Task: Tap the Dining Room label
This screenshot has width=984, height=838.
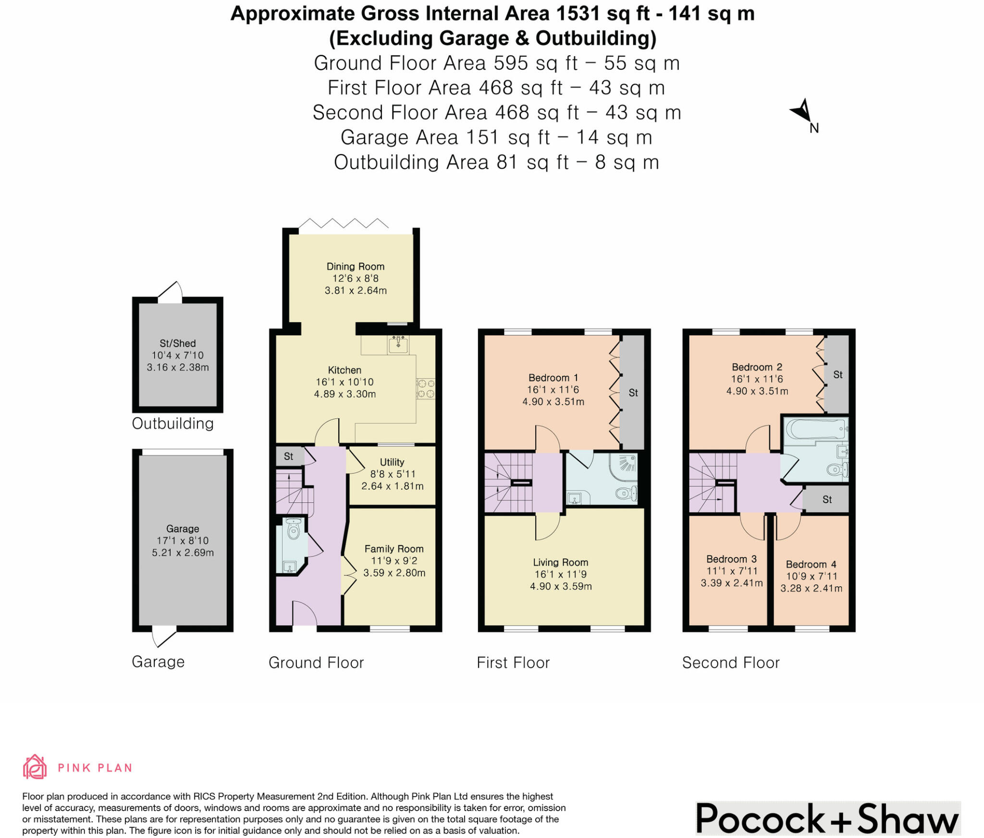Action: pyautogui.click(x=355, y=266)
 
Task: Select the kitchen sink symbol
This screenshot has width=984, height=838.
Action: pyautogui.click(x=398, y=344)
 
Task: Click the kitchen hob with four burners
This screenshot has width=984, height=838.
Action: pyautogui.click(x=426, y=389)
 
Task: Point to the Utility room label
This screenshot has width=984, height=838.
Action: pyautogui.click(x=392, y=462)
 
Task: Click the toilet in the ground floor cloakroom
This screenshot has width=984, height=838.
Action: pyautogui.click(x=293, y=530)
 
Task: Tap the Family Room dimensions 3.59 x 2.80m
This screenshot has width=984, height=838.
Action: pyautogui.click(x=394, y=573)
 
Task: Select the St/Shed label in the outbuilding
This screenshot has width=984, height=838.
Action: pyautogui.click(x=177, y=343)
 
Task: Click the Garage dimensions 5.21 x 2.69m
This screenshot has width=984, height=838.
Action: pyautogui.click(x=183, y=553)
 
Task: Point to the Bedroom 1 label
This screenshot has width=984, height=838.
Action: pyautogui.click(x=553, y=378)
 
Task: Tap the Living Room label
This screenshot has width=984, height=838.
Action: pyautogui.click(x=560, y=562)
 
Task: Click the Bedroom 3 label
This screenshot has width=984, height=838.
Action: pyautogui.click(x=731, y=559)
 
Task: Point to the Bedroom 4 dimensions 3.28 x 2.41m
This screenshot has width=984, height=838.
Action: pyautogui.click(x=811, y=588)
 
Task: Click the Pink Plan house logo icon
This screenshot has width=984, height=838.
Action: pyautogui.click(x=35, y=767)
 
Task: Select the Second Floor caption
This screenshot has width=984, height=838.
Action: pyautogui.click(x=730, y=663)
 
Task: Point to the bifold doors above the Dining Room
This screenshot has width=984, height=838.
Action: pyautogui.click(x=344, y=224)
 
